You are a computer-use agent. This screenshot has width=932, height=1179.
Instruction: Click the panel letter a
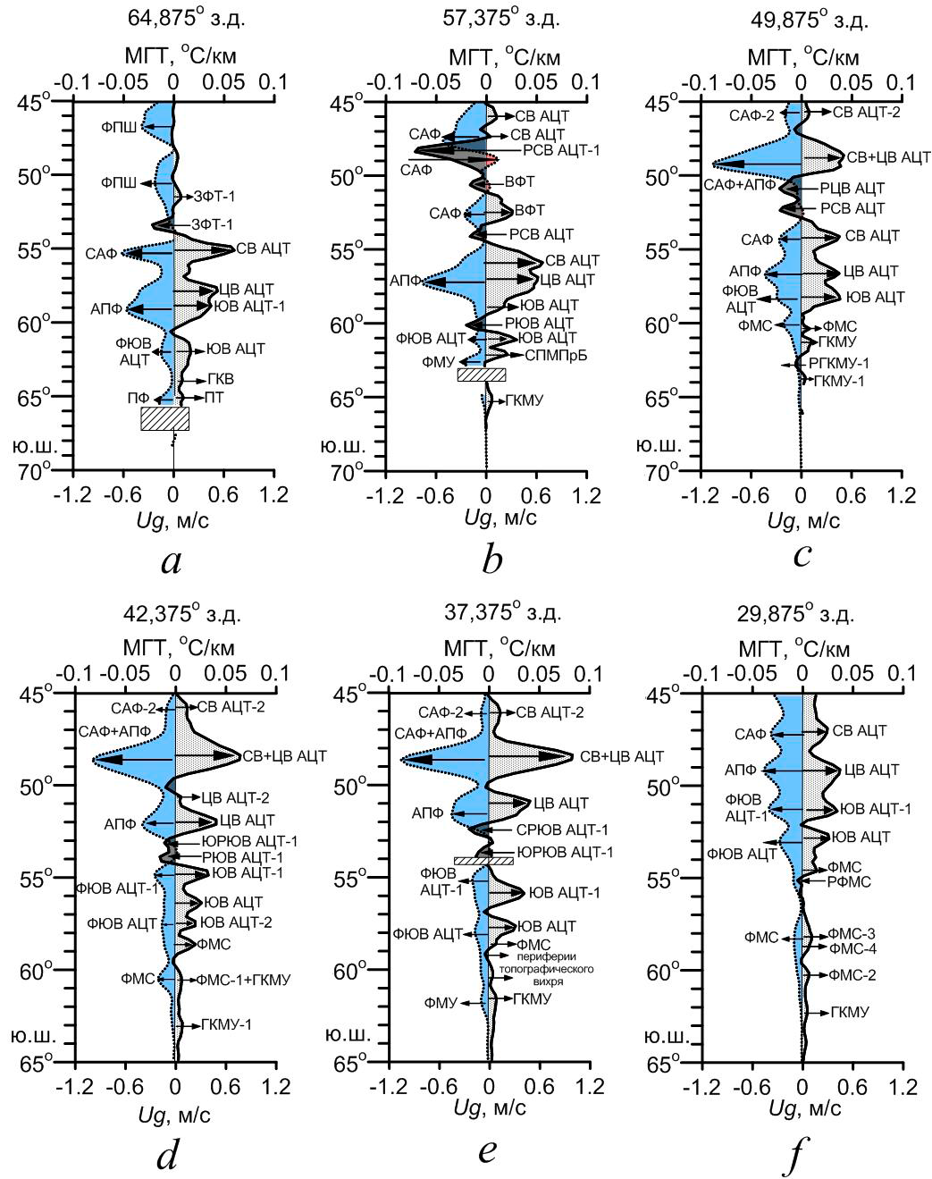172,561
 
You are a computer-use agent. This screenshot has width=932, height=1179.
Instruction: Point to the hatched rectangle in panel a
165,418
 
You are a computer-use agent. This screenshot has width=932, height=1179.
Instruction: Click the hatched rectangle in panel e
483,860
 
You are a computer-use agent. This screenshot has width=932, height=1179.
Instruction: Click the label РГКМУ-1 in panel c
839,363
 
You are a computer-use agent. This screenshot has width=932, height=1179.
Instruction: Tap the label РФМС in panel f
846,880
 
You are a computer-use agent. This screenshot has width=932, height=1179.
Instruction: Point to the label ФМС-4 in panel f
852,947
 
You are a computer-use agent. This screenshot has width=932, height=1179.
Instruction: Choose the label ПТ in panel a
214,397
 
